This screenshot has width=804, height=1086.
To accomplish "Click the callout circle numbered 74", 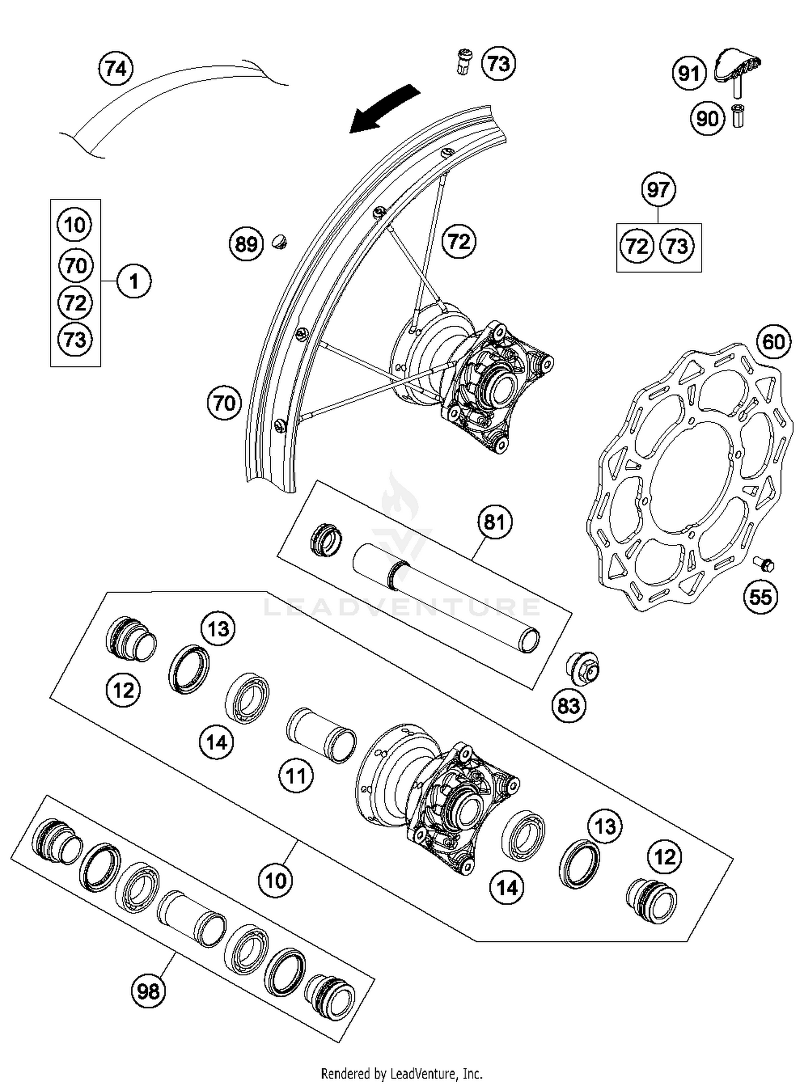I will tap(116, 69).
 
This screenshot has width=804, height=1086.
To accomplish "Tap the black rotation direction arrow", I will tap(382, 109).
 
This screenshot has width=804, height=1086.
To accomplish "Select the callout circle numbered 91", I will tap(689, 73).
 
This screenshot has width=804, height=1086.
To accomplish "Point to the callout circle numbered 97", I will tap(658, 190).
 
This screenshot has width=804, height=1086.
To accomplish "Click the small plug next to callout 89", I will tap(279, 242).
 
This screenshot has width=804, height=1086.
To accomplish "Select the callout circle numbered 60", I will tap(773, 341).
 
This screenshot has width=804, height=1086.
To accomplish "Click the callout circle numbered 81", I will tap(494, 521).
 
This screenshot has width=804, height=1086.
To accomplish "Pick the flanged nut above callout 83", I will tap(583, 668).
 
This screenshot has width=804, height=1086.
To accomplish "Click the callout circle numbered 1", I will tap(134, 281).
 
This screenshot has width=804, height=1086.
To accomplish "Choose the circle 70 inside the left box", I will tap(75, 265).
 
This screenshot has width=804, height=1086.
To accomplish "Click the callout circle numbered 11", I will tap(296, 776).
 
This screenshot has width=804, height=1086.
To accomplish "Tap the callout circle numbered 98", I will tap(148, 991).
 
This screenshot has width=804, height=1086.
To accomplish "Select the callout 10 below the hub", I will tap(276, 880).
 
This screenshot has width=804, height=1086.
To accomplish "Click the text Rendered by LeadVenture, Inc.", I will tap(401, 1074).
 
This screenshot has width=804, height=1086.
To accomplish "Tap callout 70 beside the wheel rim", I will tap(224, 403).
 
